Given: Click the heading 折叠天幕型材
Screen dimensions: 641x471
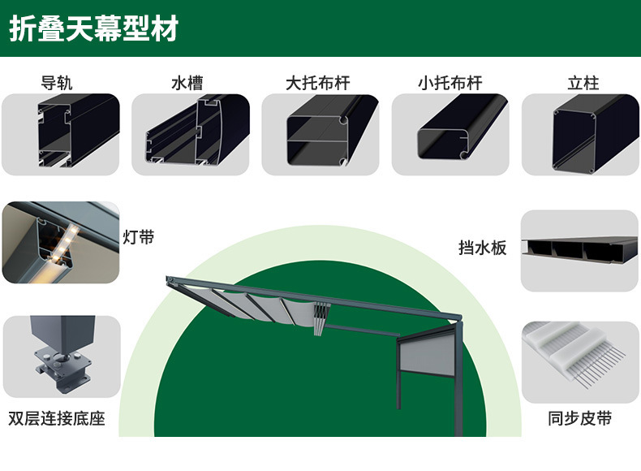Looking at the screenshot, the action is point(93,29).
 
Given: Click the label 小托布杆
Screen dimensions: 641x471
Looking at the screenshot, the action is point(450,83).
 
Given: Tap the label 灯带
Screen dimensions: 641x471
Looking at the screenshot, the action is point(138,238).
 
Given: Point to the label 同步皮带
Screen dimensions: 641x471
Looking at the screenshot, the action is point(579,419).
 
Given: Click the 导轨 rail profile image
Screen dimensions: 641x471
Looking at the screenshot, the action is point(61,134).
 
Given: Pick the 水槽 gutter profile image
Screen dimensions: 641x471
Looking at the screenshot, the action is point(191,134).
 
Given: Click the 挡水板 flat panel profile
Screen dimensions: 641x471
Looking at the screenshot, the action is point(579,250).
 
